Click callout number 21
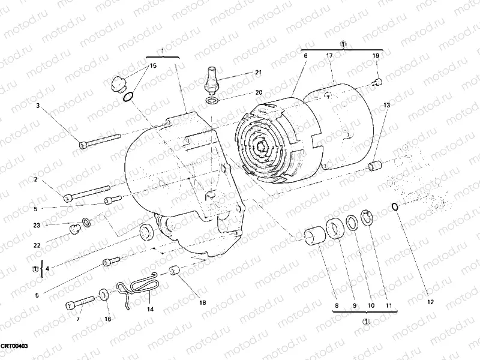(x=259, y=73)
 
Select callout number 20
(x=259, y=92)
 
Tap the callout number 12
(x=430, y=302)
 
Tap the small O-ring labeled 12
(x=394, y=207)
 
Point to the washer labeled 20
(x=211, y=100)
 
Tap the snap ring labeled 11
(x=367, y=218)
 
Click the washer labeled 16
(x=104, y=294)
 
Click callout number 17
(x=329, y=56)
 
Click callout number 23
(x=37, y=226)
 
